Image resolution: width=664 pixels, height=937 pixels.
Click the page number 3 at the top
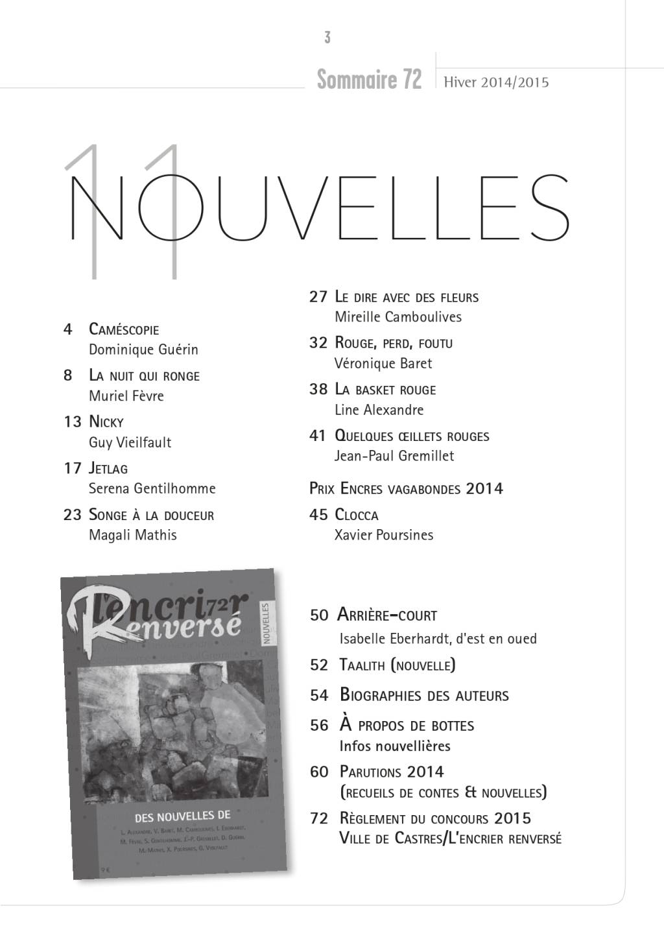tap(327, 38)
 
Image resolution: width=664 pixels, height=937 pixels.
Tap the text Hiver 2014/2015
tap(496, 82)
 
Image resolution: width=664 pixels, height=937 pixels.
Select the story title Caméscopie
tap(124, 329)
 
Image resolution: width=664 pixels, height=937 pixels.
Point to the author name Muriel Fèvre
tap(126, 396)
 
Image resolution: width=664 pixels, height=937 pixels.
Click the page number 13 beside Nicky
tap(72, 422)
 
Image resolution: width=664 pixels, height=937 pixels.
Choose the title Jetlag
tap(108, 468)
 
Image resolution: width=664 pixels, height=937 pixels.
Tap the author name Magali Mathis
tap(133, 535)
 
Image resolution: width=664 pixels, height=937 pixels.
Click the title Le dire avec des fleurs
tap(407, 298)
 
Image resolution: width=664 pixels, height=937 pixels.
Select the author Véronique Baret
tap(383, 363)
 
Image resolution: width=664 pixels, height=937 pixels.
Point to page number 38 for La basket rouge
tap(318, 390)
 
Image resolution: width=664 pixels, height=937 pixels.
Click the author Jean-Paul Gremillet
tap(394, 456)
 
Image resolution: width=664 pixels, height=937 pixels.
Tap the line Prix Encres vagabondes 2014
tap(406, 488)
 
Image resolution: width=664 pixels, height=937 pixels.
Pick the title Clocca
tap(356, 515)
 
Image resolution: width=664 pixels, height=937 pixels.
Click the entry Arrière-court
tap(388, 615)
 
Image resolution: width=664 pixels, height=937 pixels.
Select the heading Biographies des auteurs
tap(424, 696)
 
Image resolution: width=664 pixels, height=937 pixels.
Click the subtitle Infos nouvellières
tap(395, 746)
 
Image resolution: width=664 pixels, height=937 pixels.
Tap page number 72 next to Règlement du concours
tap(319, 818)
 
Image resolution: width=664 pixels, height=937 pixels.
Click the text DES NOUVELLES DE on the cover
tap(182, 816)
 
